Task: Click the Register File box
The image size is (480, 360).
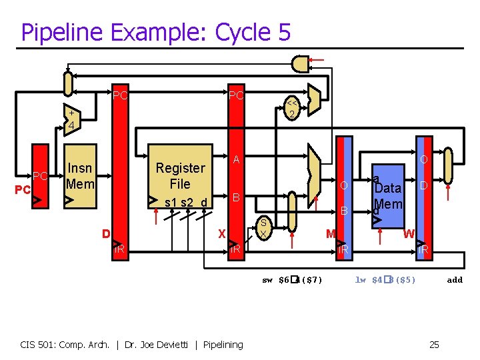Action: [x=181, y=177]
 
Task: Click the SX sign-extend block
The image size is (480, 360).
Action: [x=263, y=228]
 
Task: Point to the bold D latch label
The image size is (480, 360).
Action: [x=105, y=233]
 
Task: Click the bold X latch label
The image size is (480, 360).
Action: [x=222, y=233]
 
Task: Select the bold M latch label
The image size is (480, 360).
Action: [x=330, y=233]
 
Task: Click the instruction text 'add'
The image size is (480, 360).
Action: [x=455, y=280]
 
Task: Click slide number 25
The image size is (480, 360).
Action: [x=434, y=344]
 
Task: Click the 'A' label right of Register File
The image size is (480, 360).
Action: [x=236, y=160]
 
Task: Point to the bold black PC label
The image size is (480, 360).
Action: [x=23, y=190]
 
